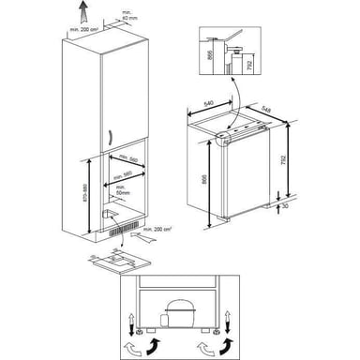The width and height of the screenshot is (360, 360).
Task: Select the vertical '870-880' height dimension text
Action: coord(84,197)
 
